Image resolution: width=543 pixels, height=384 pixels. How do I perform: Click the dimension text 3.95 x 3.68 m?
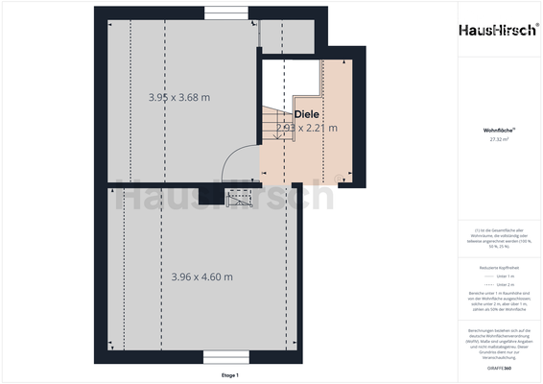tap(179, 97)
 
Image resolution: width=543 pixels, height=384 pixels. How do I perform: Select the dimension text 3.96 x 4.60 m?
tap(201, 276)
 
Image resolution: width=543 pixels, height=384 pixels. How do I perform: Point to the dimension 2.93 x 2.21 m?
tap(306, 127)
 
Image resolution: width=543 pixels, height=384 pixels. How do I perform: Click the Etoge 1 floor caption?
tap(229, 374)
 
